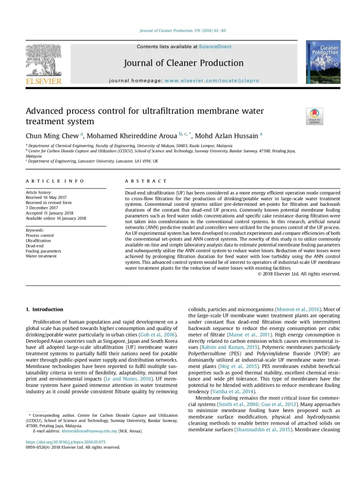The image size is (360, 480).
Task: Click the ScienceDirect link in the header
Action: [215, 47]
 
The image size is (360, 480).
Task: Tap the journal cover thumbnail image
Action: [323, 62]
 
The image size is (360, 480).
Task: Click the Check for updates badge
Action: [314, 116]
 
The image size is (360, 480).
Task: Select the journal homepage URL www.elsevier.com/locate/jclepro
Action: [212, 81]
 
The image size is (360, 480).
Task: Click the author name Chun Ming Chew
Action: [52, 136]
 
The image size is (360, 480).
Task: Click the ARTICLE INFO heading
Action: [55, 181]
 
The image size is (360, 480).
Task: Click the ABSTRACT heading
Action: [146, 181]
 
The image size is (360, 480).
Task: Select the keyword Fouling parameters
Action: [43, 251]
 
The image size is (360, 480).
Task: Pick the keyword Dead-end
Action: [35, 246]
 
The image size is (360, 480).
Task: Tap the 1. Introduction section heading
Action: [45, 309]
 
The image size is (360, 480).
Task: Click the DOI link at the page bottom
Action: [66, 442]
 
